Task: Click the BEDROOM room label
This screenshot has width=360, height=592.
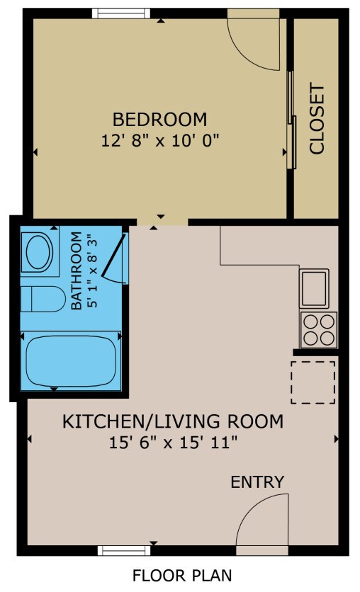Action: [160, 118]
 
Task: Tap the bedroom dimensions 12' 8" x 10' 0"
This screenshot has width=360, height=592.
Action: [160, 140]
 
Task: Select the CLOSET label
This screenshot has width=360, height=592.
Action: [317, 120]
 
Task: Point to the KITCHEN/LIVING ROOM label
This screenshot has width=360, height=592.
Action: [173, 422]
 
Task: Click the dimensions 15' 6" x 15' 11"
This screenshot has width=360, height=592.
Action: [173, 443]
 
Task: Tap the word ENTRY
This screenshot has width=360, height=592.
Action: [257, 482]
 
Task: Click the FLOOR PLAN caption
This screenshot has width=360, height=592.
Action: [182, 576]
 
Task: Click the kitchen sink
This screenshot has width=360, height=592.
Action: [314, 287]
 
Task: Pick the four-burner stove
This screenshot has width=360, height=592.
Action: [317, 329]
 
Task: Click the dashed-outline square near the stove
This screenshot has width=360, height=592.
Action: [313, 382]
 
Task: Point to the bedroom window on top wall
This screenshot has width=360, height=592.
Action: [120, 13]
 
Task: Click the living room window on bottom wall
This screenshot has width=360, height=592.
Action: [125, 550]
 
